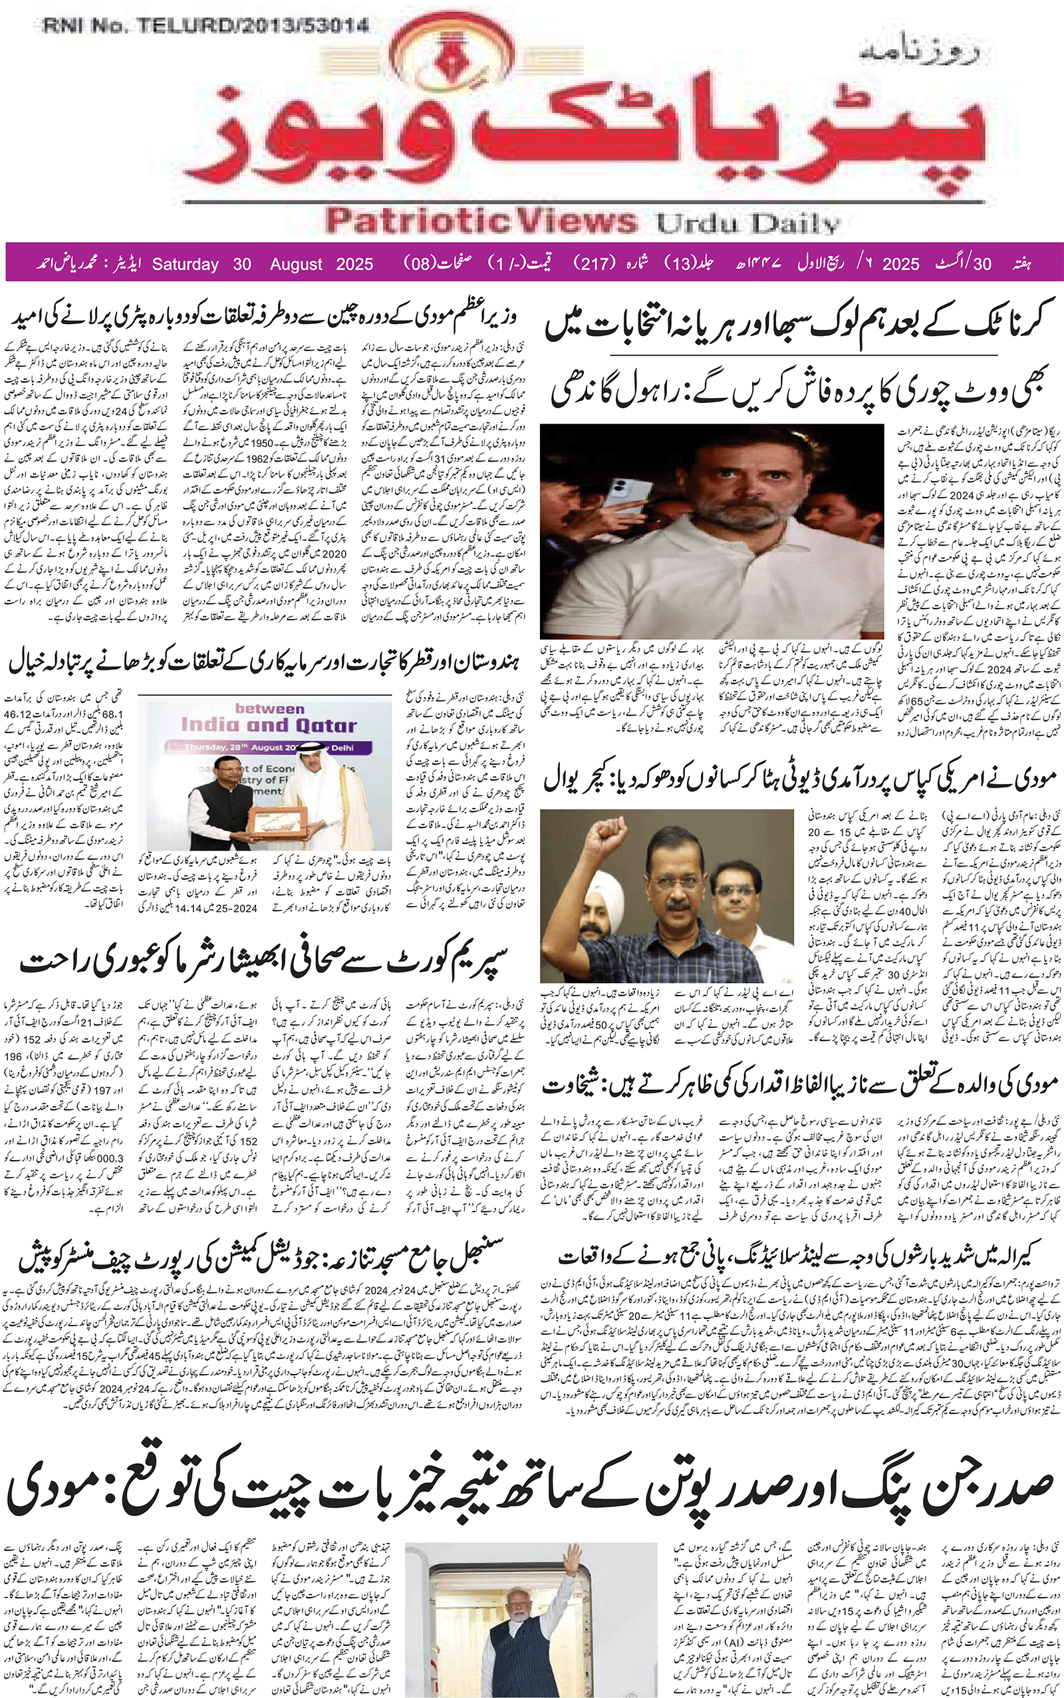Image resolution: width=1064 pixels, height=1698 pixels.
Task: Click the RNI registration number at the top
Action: point(206,26)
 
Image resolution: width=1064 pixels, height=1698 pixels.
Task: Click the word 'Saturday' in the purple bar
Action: point(185,264)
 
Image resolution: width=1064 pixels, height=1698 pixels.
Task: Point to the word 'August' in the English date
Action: point(295,264)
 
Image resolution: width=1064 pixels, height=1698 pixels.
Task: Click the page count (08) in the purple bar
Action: point(420,263)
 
